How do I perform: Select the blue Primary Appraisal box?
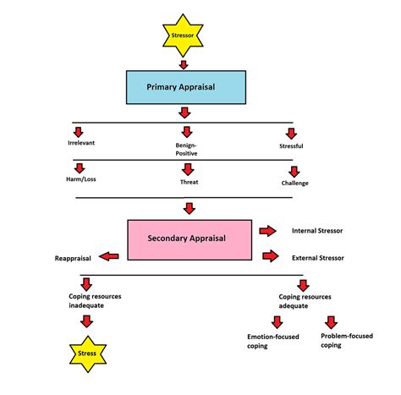point(185,86)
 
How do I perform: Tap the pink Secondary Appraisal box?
point(189,239)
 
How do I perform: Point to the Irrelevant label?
point(81,145)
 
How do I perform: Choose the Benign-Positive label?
point(187,149)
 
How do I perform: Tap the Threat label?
point(189,182)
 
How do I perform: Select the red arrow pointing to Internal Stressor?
point(268,230)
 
